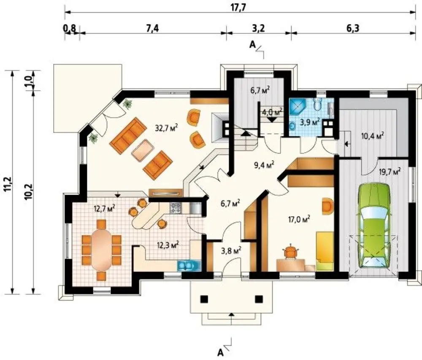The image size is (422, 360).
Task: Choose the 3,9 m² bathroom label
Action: [x=309, y=122]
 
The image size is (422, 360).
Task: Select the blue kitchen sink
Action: [x=189, y=266]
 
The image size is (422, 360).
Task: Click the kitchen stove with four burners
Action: [x=176, y=208]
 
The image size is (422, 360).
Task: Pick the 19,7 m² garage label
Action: [x=390, y=171]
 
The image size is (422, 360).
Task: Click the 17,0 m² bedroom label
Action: [x=299, y=220]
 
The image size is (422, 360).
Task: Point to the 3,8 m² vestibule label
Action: [x=231, y=250]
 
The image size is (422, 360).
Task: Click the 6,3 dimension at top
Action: [x=352, y=28]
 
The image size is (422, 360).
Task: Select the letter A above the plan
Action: [x=252, y=45]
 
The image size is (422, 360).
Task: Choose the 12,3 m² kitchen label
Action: [x=168, y=245]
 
